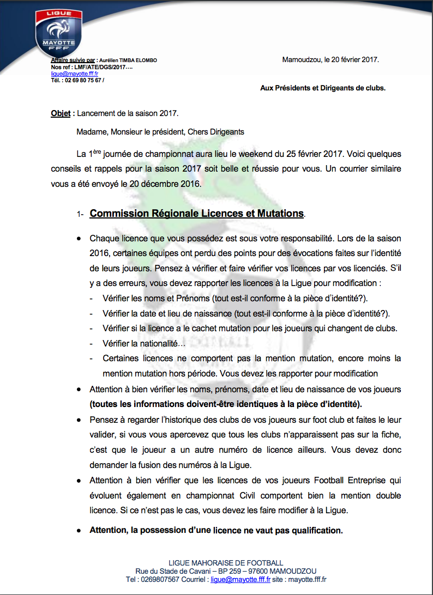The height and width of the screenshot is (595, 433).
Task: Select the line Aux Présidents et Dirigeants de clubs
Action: click(x=323, y=87)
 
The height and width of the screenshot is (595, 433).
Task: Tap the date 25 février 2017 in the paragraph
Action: click(x=308, y=154)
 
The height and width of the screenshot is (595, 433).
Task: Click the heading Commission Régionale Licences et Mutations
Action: click(x=196, y=214)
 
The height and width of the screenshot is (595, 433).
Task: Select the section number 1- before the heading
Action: click(x=80, y=215)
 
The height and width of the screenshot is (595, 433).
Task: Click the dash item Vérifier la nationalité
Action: click(x=145, y=343)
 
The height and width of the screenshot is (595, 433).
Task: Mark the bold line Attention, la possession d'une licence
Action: click(x=216, y=530)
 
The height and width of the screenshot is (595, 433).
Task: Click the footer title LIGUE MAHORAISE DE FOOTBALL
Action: click(x=226, y=563)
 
